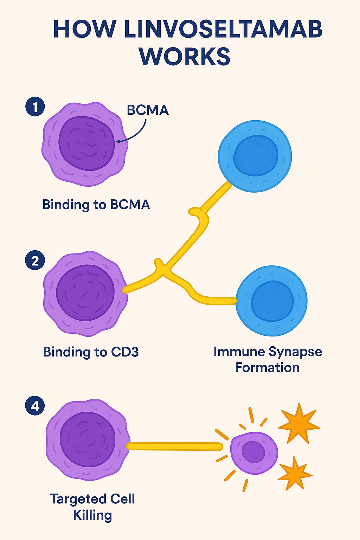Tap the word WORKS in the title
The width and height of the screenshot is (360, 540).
click(185, 56)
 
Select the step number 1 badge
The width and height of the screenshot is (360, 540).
click(35, 107)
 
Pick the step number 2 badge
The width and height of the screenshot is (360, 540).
click(35, 261)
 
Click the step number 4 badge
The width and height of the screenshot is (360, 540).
click(35, 406)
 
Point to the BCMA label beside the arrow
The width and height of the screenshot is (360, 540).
click(148, 110)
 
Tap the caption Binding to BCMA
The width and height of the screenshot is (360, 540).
click(96, 205)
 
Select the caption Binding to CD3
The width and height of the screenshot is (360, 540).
click(91, 352)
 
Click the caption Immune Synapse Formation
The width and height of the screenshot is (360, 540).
click(268, 360)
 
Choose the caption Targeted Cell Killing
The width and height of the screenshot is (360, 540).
click(92, 507)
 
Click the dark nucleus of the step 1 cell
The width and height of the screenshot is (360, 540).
click(86, 143)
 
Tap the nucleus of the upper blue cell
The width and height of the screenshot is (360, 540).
click(256, 155)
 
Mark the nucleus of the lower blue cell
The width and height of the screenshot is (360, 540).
click(272, 301)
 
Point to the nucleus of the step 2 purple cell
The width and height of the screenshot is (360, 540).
click(85, 293)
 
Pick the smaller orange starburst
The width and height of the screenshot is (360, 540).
click(295, 474)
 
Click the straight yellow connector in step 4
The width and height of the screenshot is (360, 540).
click(174, 446)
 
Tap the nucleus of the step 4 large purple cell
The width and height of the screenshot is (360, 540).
click(88, 439)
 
